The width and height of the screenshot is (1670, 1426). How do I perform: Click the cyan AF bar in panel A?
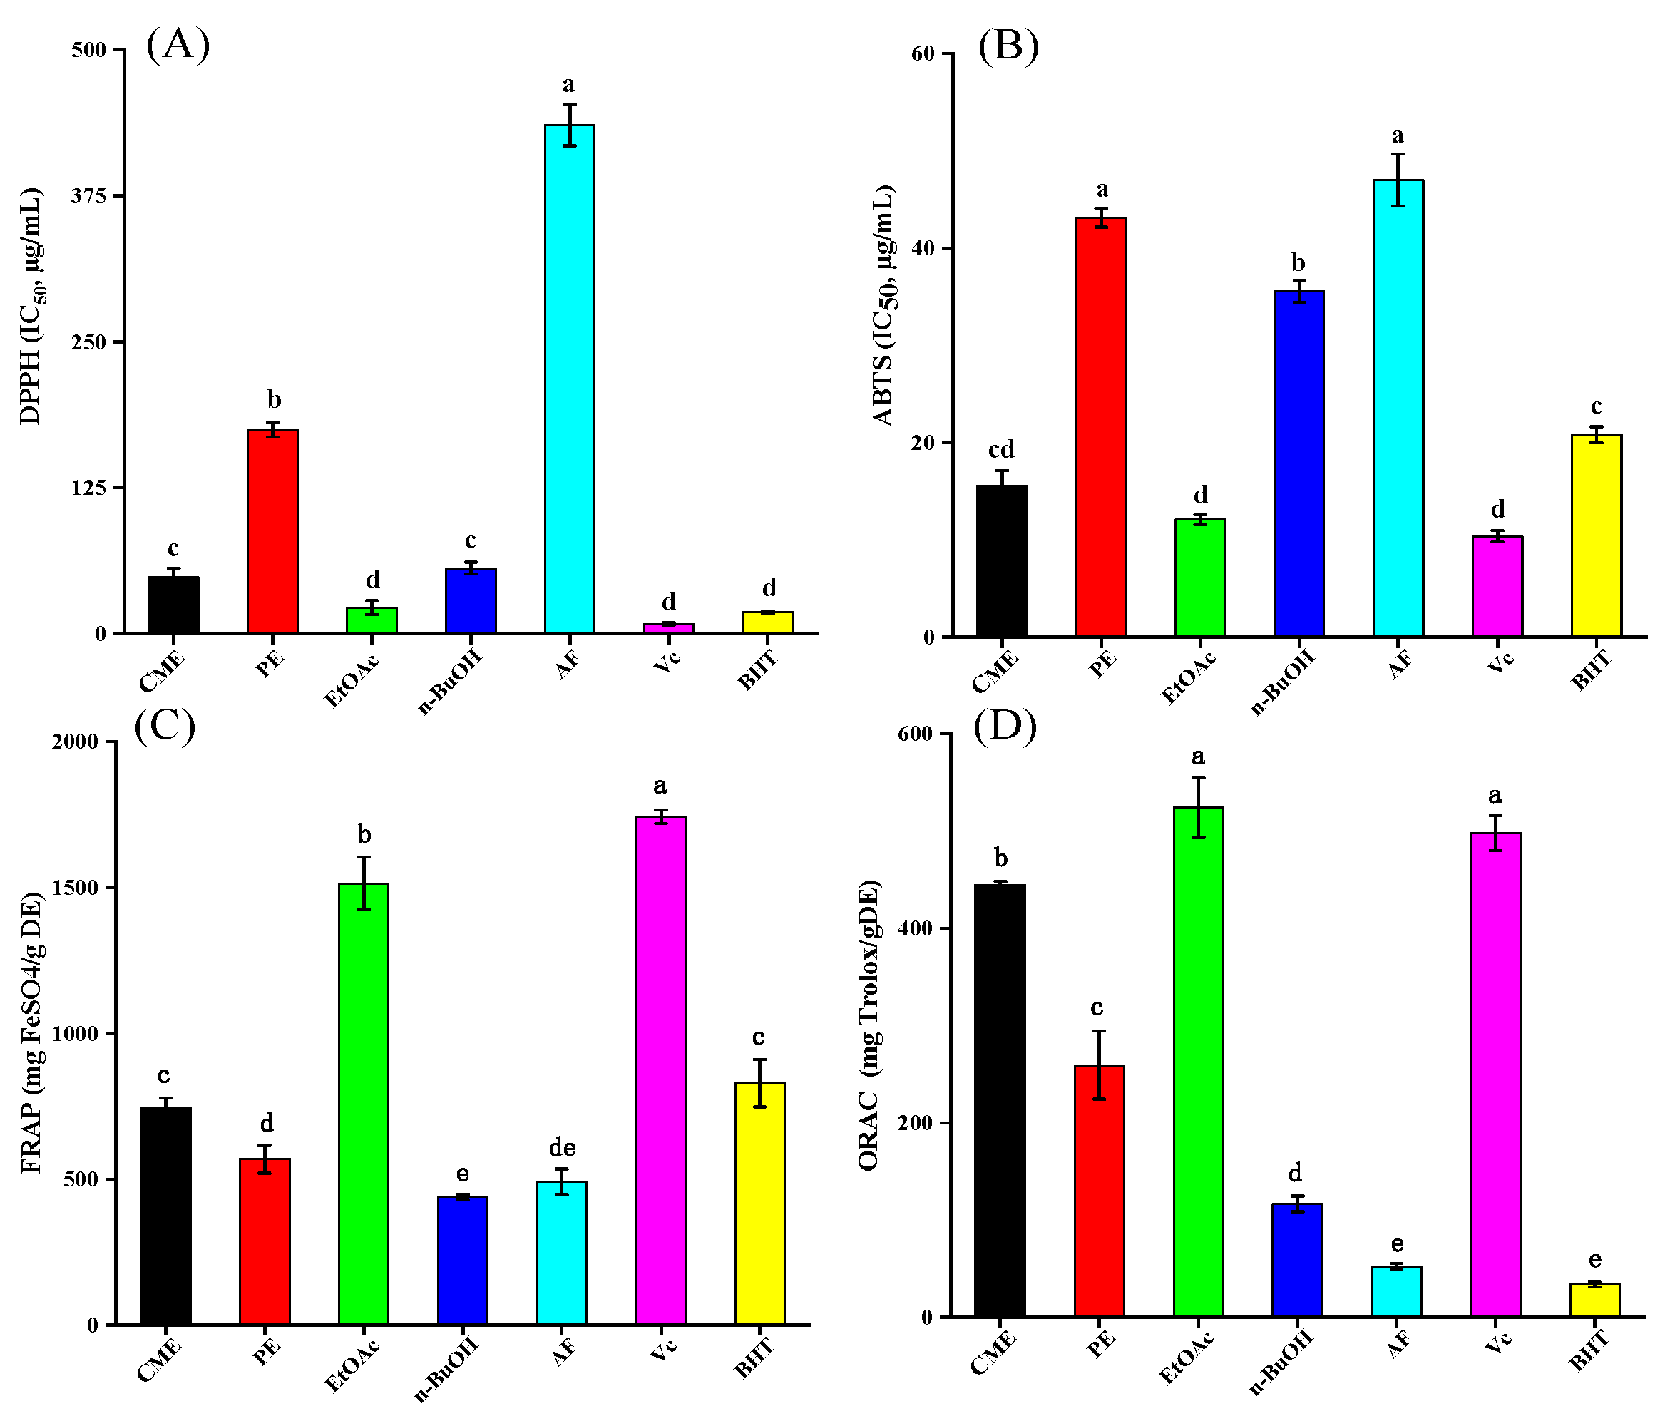(x=569, y=379)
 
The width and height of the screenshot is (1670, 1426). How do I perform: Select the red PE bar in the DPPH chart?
(x=272, y=531)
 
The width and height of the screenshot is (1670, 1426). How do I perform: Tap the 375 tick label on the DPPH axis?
(x=88, y=196)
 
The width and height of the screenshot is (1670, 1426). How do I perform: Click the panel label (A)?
(x=178, y=44)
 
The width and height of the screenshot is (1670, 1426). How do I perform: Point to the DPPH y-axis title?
(x=30, y=307)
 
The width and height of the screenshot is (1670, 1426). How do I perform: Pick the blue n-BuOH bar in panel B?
(x=1298, y=464)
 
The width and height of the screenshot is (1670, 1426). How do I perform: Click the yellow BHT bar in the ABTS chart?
(x=1596, y=536)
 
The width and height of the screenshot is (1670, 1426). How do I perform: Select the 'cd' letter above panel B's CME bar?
(x=1001, y=449)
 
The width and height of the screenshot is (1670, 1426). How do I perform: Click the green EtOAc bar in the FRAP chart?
(x=364, y=1104)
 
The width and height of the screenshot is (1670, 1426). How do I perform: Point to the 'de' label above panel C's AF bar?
(x=562, y=1147)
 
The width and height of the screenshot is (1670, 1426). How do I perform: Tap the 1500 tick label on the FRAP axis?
(x=75, y=888)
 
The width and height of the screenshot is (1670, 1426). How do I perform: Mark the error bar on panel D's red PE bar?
(x=1099, y=1065)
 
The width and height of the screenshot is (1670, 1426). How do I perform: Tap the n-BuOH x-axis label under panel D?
(x=1281, y=1362)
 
